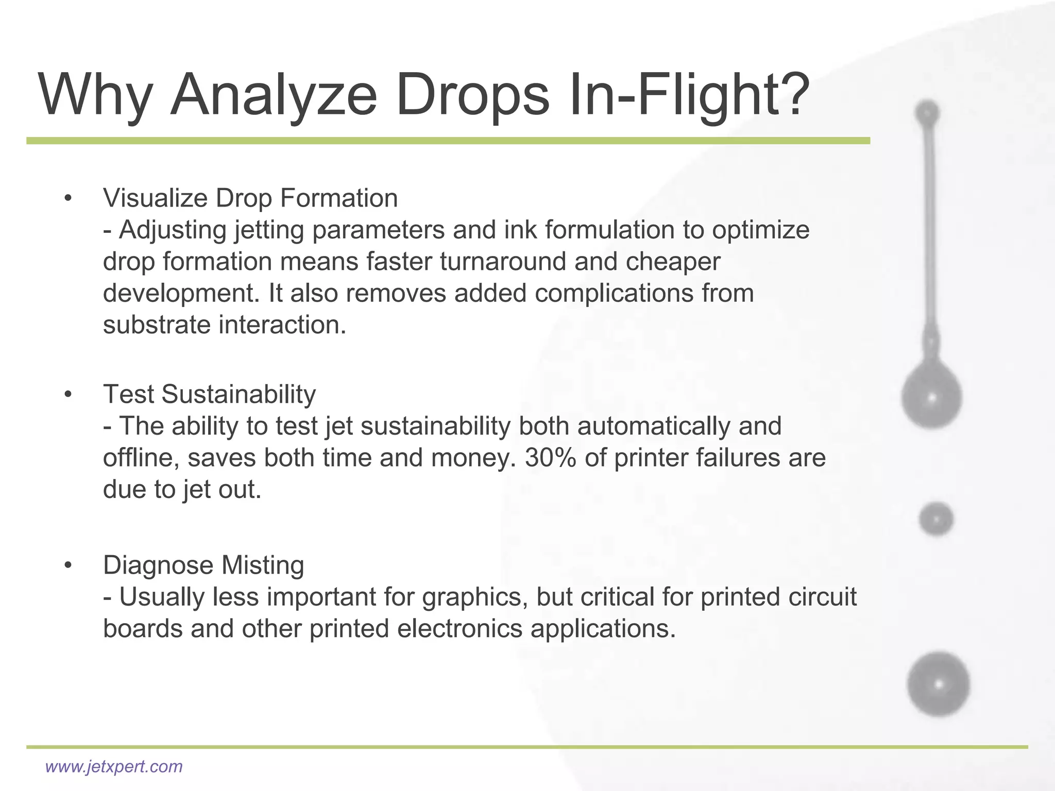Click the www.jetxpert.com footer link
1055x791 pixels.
pos(114,766)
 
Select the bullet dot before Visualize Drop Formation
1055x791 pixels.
pos(68,199)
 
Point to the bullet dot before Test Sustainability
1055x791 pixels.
pos(68,395)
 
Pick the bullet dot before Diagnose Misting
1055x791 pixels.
pos(68,566)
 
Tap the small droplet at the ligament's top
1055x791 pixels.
pos(927,112)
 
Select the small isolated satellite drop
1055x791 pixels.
pos(936,519)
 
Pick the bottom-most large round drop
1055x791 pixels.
pos(939,684)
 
